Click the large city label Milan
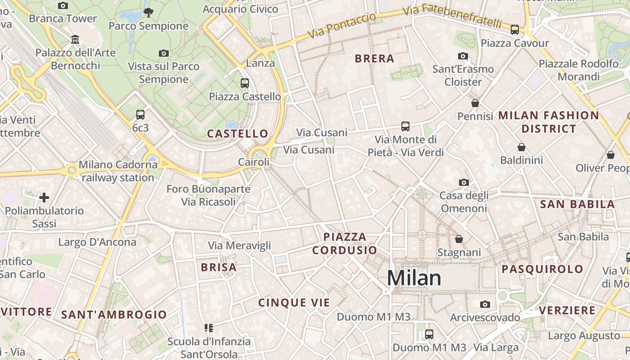(414, 278)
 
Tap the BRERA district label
(374, 58)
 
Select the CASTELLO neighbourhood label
(237, 134)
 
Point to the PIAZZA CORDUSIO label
(345, 243)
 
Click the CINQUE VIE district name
(294, 303)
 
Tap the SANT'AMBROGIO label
(114, 315)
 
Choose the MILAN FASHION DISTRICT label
(549, 122)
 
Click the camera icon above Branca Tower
(63, 5)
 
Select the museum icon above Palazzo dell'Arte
(75, 40)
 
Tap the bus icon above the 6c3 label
(140, 115)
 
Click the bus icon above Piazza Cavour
(515, 30)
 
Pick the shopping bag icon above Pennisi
(475, 103)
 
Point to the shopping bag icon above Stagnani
(459, 239)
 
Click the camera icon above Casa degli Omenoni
(464, 182)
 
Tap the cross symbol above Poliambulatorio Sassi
(44, 198)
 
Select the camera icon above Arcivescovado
(485, 304)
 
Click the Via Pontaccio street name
(342, 26)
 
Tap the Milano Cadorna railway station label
(118, 171)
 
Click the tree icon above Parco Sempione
(148, 13)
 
